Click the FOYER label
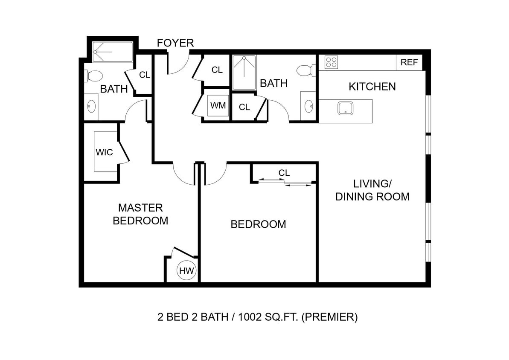[175, 43]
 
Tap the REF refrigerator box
[409, 62]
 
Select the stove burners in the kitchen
[331, 62]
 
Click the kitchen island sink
[345, 108]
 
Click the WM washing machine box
[218, 105]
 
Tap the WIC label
[104, 152]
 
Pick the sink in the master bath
[92, 106]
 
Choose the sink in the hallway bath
[308, 105]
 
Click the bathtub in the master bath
[113, 52]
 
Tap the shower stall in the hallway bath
[244, 72]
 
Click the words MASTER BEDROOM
[140, 214]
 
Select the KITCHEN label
[372, 87]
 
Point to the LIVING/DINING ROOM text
[372, 190]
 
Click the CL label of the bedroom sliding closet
[284, 173]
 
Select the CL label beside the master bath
[145, 75]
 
